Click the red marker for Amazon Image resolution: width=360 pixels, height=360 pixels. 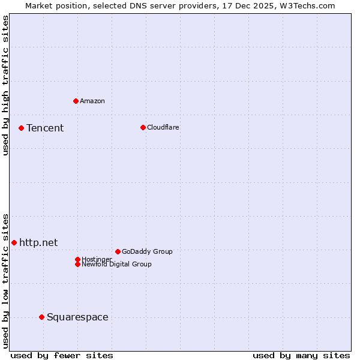click(x=76, y=101)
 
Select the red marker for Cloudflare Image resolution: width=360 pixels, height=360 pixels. click(x=143, y=127)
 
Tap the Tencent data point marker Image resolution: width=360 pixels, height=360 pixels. click(x=21, y=128)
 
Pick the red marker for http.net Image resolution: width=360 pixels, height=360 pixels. click(x=14, y=242)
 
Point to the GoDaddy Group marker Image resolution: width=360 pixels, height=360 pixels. click(x=118, y=251)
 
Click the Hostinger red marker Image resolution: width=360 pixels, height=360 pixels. click(x=77, y=259)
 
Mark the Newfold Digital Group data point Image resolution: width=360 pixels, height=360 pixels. click(x=77, y=264)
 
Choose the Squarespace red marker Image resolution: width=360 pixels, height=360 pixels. click(x=41, y=317)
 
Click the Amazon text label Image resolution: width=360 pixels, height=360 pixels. click(x=92, y=101)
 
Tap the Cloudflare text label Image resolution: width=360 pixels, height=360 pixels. click(x=163, y=127)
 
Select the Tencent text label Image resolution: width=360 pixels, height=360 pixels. click(x=45, y=128)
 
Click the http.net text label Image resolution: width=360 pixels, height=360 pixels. click(x=38, y=242)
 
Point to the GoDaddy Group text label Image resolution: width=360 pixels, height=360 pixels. click(x=147, y=251)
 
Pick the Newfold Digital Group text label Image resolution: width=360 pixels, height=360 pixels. click(x=117, y=265)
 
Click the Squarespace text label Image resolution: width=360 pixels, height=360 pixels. click(x=77, y=317)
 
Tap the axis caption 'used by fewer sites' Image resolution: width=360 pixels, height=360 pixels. click(x=62, y=355)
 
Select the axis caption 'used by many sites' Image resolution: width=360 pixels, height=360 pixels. click(x=301, y=355)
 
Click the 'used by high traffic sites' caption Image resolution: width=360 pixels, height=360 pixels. click(x=5, y=85)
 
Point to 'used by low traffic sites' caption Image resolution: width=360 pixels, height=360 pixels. click(x=5, y=280)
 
